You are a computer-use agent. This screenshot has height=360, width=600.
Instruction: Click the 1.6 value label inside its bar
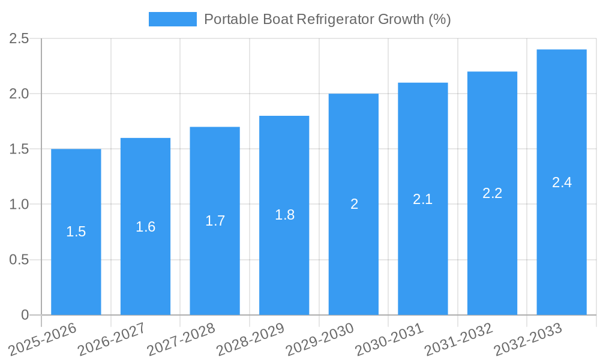pyautogui.click(x=145, y=227)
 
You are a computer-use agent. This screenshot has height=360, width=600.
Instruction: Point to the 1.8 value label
pyautogui.click(x=284, y=215)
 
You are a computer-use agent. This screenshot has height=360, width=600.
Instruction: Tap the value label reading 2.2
pyautogui.click(x=492, y=193)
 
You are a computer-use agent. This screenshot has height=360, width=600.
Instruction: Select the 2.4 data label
pyautogui.click(x=562, y=183)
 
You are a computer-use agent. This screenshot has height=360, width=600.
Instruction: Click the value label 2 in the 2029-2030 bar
pyautogui.click(x=354, y=205)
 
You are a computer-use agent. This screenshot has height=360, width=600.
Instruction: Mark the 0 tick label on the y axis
pyautogui.click(x=25, y=315)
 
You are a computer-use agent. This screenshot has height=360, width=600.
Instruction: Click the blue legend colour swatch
pyautogui.click(x=172, y=19)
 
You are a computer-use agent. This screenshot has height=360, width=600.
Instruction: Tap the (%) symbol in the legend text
pyautogui.click(x=439, y=19)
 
